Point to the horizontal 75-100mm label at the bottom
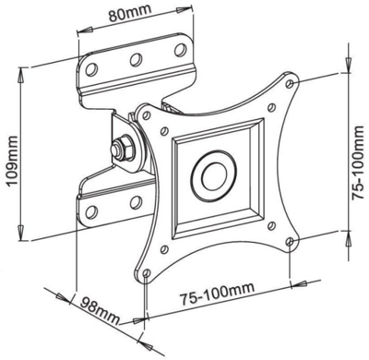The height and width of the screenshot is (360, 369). click(x=216, y=295)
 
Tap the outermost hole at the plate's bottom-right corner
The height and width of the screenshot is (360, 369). click(x=291, y=243)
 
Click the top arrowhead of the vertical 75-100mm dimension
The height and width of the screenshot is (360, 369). click(x=347, y=71)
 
